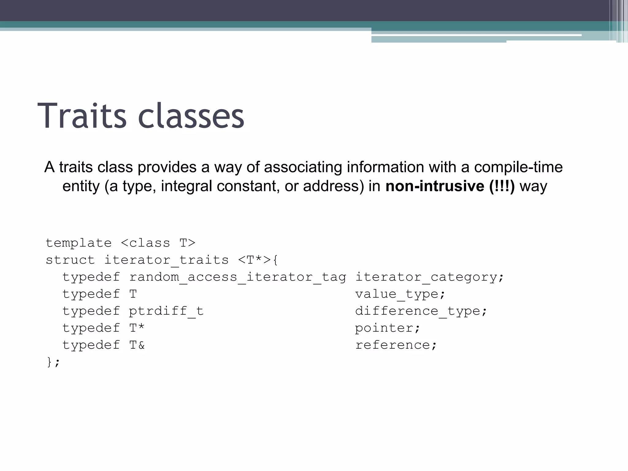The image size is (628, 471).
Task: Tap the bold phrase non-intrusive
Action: (x=435, y=186)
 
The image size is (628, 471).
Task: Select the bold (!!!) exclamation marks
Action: (x=502, y=186)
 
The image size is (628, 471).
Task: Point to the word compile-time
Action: (x=518, y=167)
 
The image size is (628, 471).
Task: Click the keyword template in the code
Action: (x=78, y=243)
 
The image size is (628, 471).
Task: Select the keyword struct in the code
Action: (x=70, y=260)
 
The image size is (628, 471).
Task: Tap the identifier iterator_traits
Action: (x=167, y=260)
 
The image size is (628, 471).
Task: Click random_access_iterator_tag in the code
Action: (x=237, y=277)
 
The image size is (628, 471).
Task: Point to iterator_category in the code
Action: (x=426, y=277)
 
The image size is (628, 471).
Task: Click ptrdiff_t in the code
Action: (x=166, y=311)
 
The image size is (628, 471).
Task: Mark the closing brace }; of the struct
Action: (x=53, y=362)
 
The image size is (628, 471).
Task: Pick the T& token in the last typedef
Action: (x=137, y=345)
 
